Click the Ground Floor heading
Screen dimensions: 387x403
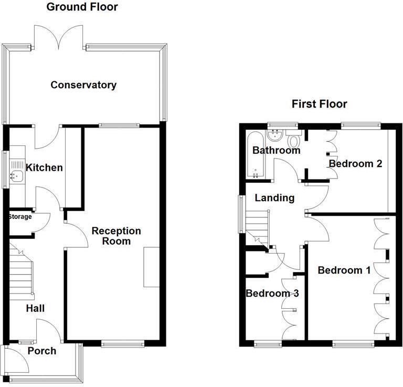coord(82,7)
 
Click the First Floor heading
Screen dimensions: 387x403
coord(319,104)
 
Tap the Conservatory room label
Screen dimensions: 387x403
coord(83,85)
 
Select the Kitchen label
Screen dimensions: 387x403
coord(45,168)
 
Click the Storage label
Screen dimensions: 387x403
coord(20,217)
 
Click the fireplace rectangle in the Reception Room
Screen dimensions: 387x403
coord(152,267)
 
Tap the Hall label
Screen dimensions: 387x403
coord(35,308)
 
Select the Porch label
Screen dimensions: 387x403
coord(42,351)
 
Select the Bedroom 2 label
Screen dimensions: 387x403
coord(355,164)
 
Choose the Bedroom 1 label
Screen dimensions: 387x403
coord(344,270)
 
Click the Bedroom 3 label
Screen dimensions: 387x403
coord(272,294)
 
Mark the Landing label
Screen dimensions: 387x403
coord(274,198)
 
